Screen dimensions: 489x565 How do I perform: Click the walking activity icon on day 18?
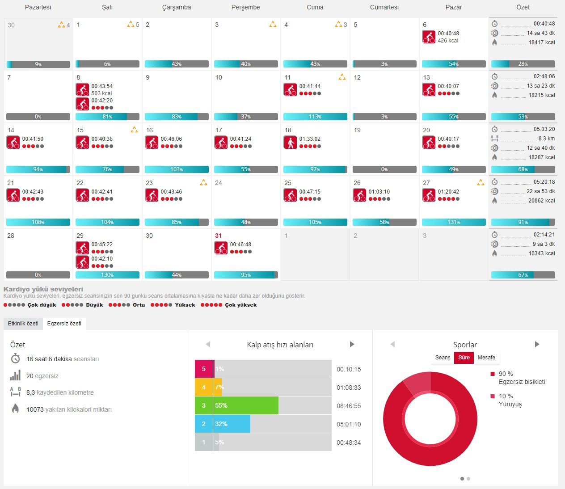tap(290, 142)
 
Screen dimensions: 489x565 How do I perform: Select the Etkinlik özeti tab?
tap(23, 324)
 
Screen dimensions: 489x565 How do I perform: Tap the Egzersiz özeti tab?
tap(64, 324)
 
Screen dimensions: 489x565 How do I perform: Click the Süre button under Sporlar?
tap(464, 358)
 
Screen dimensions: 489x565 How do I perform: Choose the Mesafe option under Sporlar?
tap(486, 358)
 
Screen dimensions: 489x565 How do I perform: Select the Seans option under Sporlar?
tap(443, 358)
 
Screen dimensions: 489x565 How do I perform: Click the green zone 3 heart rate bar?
tap(246, 405)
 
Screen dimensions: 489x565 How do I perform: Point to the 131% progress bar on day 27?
tap(454, 222)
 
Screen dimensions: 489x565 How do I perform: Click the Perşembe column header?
tap(245, 7)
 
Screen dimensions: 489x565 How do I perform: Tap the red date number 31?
tap(218, 236)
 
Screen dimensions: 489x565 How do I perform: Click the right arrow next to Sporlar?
tap(537, 344)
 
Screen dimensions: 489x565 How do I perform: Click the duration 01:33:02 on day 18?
tap(310, 139)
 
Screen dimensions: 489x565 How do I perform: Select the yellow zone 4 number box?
tap(204, 387)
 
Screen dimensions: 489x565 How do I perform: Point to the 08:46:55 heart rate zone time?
tap(349, 406)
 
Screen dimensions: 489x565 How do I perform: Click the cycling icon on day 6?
tap(429, 37)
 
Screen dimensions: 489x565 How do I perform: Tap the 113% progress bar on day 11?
tap(315, 117)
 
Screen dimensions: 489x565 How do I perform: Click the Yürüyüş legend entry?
tap(510, 404)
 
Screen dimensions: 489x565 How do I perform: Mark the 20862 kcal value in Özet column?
tap(541, 201)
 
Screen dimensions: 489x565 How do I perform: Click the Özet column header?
tap(523, 7)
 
